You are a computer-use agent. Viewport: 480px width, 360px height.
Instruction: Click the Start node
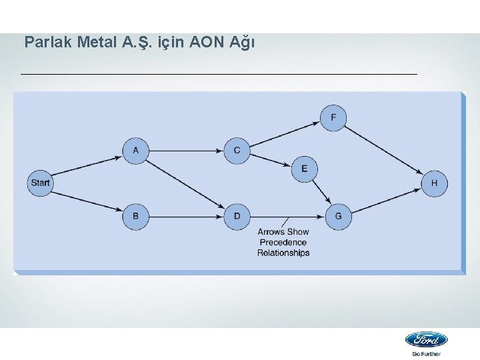[x=40, y=183]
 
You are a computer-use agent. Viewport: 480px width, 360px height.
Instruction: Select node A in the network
[x=136, y=151]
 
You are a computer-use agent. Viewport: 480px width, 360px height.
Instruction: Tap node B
[x=136, y=216]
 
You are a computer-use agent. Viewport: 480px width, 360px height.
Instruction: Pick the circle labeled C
[x=237, y=151]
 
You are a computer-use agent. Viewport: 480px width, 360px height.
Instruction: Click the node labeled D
[x=237, y=216]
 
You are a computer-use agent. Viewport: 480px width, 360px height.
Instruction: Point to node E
[x=305, y=169]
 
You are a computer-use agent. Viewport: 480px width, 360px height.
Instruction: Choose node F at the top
[x=333, y=119]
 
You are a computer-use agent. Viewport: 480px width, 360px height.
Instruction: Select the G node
[x=339, y=216]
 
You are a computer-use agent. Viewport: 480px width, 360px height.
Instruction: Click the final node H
[x=434, y=183]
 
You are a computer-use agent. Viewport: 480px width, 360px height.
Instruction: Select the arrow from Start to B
[x=87, y=199]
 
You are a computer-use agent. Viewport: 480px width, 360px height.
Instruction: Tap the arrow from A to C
[x=186, y=151]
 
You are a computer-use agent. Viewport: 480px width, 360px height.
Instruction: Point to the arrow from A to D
[x=186, y=183]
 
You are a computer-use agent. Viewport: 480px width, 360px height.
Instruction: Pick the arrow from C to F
[x=285, y=134]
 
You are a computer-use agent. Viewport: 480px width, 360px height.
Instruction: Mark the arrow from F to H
[x=383, y=150]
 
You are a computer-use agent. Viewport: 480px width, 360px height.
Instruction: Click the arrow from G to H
[x=387, y=199]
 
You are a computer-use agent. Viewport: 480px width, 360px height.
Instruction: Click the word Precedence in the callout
[x=284, y=242]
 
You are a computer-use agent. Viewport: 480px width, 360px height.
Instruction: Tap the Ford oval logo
[x=427, y=339]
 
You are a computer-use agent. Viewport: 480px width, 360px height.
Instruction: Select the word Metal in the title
[x=98, y=43]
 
